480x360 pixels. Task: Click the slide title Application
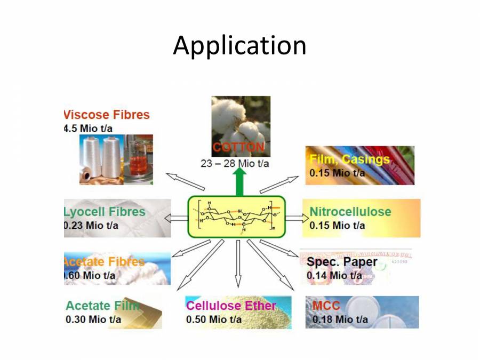click(x=239, y=46)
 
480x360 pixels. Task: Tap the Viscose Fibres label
click(x=107, y=115)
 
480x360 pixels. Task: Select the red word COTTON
click(x=238, y=147)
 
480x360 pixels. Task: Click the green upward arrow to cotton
click(x=240, y=181)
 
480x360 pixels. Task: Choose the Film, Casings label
click(x=350, y=159)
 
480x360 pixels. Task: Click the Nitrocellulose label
click(x=350, y=212)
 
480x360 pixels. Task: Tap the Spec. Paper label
click(x=342, y=262)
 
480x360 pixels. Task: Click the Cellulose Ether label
click(x=231, y=306)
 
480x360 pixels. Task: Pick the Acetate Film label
click(x=102, y=306)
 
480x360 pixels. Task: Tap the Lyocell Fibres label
click(x=105, y=212)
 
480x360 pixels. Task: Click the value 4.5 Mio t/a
click(x=88, y=128)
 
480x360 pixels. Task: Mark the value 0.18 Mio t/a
click(x=340, y=319)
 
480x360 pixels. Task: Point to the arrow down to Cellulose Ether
click(x=238, y=264)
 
